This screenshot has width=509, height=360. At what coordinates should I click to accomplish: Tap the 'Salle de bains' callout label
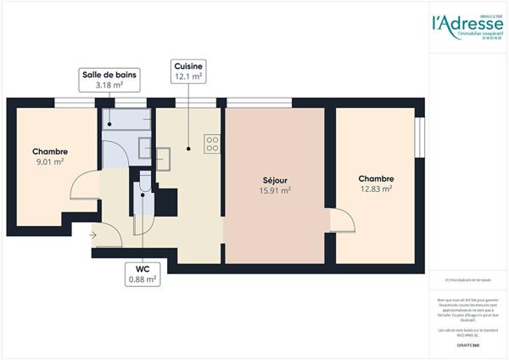coord(109,74)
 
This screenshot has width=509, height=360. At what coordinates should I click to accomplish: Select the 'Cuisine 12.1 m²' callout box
coord(188,71)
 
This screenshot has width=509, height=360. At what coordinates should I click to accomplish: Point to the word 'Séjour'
coord(273,180)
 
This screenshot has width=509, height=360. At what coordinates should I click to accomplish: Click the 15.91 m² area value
coord(273,191)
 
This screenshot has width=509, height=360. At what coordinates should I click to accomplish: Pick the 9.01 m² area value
coord(49,162)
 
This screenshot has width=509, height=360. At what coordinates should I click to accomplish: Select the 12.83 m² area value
coord(375,189)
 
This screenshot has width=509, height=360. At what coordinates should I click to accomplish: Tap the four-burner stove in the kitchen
coord(212,143)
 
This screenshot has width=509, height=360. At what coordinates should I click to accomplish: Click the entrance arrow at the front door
coord(92,236)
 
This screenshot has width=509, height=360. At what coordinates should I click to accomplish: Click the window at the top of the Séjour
coord(255,104)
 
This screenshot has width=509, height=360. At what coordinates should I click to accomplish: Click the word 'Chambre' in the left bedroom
coord(49,152)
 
